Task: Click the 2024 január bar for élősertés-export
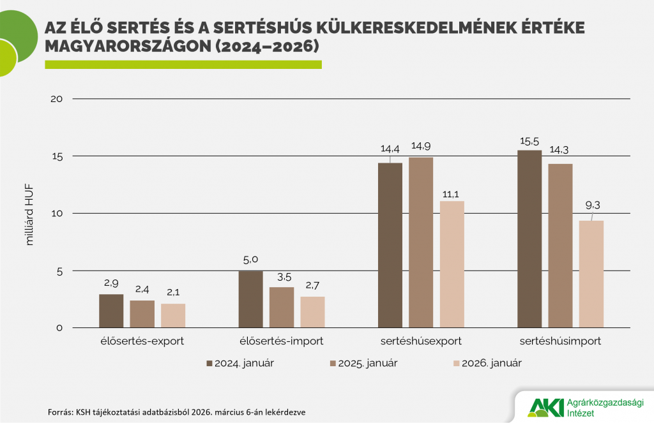(x=111, y=311)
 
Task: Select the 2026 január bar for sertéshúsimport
(x=591, y=274)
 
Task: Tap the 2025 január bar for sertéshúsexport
(x=421, y=242)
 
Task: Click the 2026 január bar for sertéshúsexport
(x=452, y=264)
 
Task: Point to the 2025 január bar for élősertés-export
(x=142, y=313)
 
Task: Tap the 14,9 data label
(x=422, y=145)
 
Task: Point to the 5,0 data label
(x=250, y=260)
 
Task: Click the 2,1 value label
(x=173, y=292)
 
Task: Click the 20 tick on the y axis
(x=57, y=99)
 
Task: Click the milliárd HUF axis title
(x=29, y=215)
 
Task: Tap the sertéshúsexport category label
(x=420, y=341)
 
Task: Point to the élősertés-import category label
(x=282, y=341)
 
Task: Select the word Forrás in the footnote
(x=60, y=412)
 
